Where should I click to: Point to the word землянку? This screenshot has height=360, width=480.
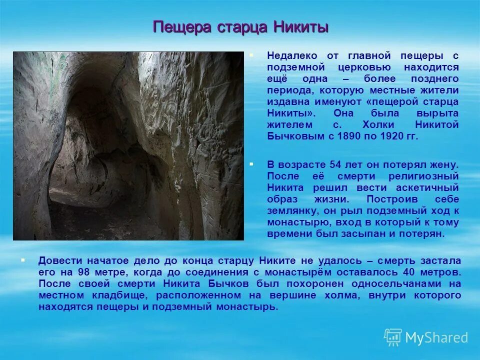click(289, 210)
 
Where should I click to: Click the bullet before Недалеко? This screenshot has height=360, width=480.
click(251, 54)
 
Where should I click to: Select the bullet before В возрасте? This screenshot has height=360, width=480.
click(251, 163)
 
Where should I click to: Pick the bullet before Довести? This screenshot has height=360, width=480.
click(22, 259)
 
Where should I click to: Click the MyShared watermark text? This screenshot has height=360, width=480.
click(436, 337)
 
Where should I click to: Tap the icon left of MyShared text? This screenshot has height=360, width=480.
click(392, 337)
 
